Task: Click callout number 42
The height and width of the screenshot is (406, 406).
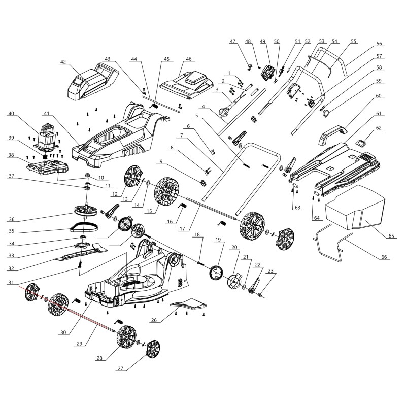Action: (63, 62)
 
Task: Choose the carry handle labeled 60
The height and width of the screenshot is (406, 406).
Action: (335, 130)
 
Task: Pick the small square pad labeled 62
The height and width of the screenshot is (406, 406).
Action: (362, 143)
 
